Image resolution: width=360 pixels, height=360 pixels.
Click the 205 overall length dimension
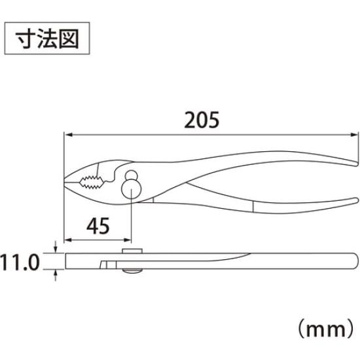202,120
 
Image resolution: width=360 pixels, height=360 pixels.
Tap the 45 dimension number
98,226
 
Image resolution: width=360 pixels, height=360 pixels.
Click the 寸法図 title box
47,39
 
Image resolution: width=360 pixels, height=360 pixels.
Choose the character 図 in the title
69,39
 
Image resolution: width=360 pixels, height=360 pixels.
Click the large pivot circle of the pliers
131,189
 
